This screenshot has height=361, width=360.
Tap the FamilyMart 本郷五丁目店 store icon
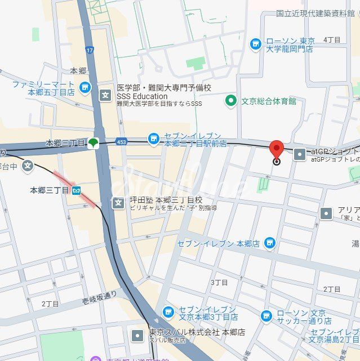point(85,87)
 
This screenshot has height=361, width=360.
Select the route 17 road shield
point(90,51)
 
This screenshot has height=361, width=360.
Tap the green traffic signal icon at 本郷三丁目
point(92,143)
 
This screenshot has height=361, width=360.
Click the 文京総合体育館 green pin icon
point(230,101)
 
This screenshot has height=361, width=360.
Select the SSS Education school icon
point(105,95)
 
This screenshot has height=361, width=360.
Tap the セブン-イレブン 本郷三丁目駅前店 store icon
point(153,139)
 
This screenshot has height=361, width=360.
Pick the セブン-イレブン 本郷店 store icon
point(270,243)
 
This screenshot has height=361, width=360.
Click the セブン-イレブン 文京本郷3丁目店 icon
point(167,312)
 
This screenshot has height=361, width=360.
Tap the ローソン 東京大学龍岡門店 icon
point(256,44)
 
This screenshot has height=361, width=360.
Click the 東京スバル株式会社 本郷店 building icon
point(137,336)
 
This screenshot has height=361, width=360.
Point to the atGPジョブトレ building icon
point(300,153)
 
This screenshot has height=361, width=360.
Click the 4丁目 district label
point(332,39)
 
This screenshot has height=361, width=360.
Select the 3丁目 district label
point(219,282)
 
